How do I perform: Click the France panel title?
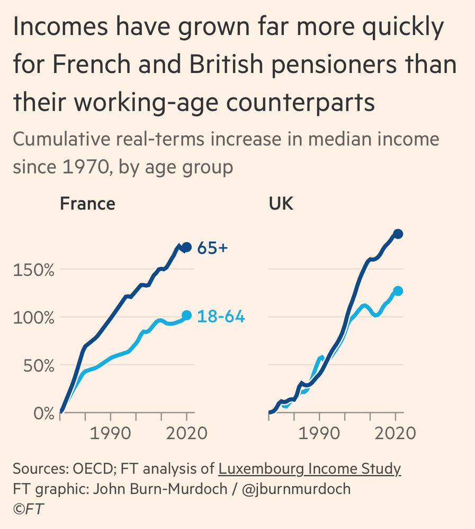tap(87, 204)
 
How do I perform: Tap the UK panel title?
tap(281, 204)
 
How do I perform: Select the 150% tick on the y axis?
tap(33, 270)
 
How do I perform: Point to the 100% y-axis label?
tap(33, 317)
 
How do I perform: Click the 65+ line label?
tap(212, 248)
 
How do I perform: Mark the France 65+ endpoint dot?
tap(186, 247)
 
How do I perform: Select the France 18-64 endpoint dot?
tap(186, 315)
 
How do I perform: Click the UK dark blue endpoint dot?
tap(398, 234)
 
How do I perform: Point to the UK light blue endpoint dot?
tap(398, 291)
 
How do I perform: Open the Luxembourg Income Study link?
tap(310, 469)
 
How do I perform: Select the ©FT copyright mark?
tap(29, 508)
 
